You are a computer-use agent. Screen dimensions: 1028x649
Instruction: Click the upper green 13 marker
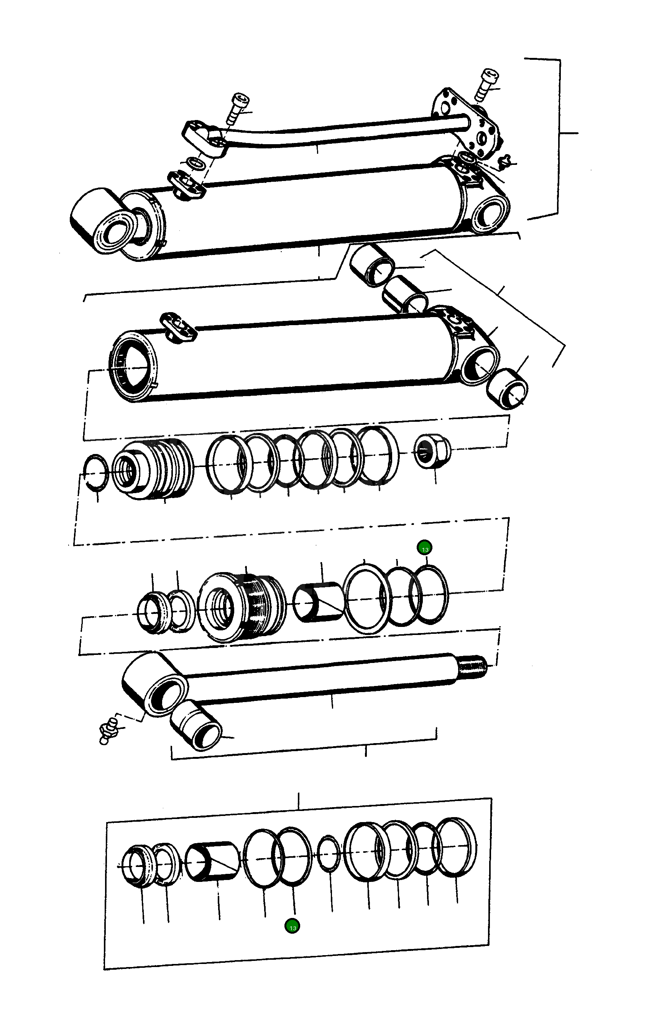point(425,547)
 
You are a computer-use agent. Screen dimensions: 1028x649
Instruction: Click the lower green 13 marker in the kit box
point(292,926)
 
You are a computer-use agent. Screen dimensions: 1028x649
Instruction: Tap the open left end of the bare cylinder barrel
point(132,366)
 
